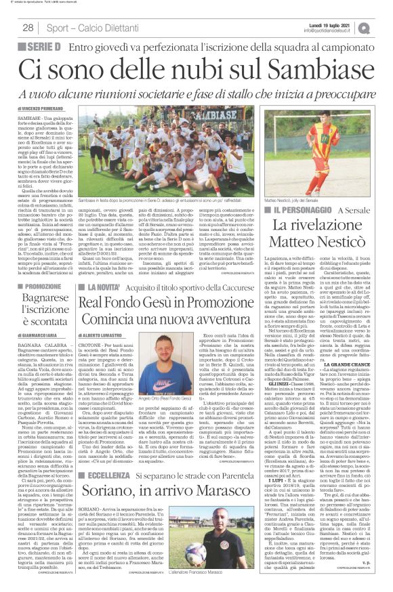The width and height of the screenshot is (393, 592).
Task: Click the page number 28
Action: tap(28, 27)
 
